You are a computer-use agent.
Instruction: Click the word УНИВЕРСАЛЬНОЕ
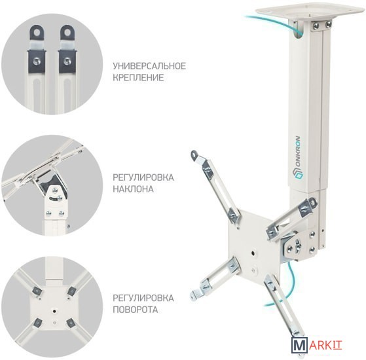point(149,66)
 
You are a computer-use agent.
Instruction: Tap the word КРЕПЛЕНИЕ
point(138,77)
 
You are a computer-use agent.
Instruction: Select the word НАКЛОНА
point(134,189)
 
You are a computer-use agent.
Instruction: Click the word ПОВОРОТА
point(136,310)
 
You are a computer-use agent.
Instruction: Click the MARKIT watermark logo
point(317,344)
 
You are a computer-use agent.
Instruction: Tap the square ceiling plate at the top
point(310,11)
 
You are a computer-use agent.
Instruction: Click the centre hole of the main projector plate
point(253,253)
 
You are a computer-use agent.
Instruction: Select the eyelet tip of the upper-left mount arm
point(194,154)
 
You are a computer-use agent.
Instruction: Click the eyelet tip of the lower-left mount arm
point(194,295)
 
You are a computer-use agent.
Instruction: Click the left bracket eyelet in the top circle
point(37,32)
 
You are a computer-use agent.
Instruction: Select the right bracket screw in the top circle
point(67,62)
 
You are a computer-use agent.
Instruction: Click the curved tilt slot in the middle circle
point(56,198)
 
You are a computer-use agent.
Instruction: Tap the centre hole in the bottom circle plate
point(54,311)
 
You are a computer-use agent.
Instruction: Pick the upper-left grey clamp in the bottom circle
point(37,291)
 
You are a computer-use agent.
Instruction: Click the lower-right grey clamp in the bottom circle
point(71,323)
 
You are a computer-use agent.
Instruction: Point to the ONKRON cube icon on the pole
point(297,175)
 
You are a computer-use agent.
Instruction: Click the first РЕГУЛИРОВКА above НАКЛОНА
point(143,177)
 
